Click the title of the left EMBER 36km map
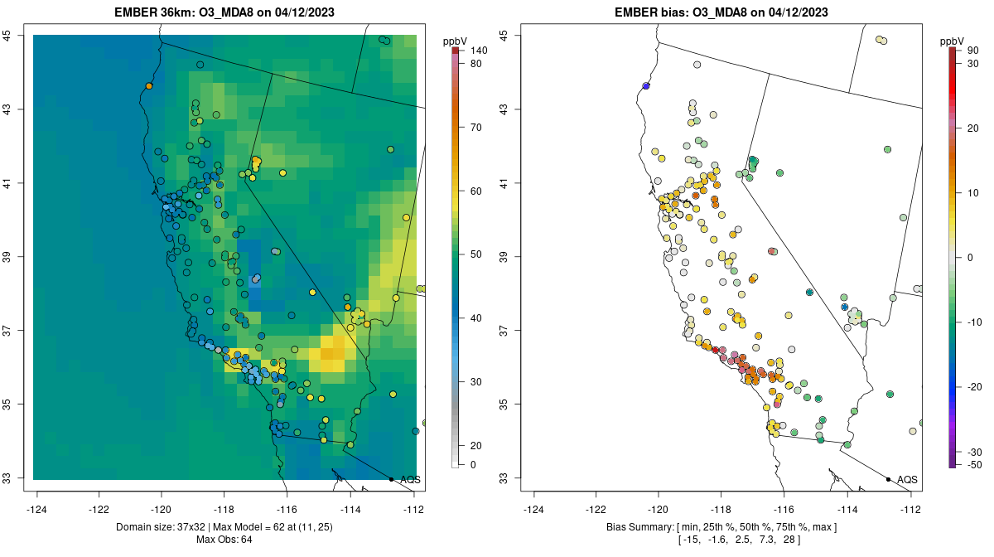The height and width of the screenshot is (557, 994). tap(225, 12)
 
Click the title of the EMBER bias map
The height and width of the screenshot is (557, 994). tap(721, 12)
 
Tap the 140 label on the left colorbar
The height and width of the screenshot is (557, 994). tap(479, 51)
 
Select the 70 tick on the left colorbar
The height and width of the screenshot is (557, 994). tap(476, 128)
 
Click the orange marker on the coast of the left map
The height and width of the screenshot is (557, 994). tap(149, 86)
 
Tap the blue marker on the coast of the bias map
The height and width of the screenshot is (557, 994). tap(645, 86)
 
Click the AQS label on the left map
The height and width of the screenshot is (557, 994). tap(410, 479)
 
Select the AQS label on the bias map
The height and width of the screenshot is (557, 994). tap(907, 479)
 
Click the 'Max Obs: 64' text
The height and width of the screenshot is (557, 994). tap(224, 540)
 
